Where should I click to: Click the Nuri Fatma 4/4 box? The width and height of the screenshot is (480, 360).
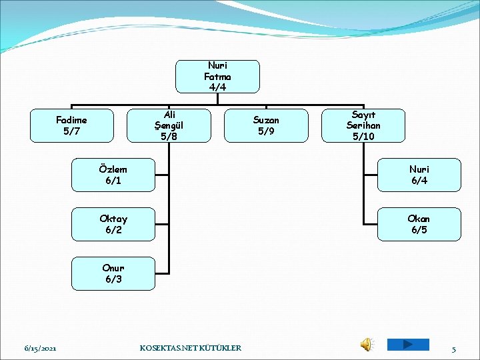click(x=217, y=76)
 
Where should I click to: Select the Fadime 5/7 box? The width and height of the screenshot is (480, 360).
click(x=71, y=125)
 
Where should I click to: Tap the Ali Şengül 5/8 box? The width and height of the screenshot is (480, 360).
click(x=169, y=125)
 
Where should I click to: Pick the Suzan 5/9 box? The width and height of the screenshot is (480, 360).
click(x=267, y=125)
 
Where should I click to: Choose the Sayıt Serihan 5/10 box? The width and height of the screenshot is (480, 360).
click(x=363, y=125)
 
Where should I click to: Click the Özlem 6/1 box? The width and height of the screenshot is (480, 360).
click(x=113, y=175)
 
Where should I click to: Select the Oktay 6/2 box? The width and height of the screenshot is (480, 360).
click(x=113, y=224)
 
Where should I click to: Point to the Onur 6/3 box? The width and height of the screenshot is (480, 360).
click(x=113, y=273)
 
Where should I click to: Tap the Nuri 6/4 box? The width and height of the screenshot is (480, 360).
click(x=419, y=175)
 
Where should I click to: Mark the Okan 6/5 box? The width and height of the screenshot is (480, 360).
click(x=419, y=224)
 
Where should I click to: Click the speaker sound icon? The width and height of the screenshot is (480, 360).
click(x=367, y=344)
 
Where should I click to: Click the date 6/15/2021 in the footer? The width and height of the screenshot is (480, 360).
click(x=40, y=348)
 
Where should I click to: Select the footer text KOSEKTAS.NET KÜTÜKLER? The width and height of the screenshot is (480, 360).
click(x=191, y=348)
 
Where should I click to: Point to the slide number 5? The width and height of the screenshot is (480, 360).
click(x=453, y=349)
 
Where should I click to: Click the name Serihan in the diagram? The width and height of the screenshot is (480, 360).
click(x=363, y=125)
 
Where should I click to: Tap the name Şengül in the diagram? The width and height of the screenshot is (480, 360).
click(x=169, y=125)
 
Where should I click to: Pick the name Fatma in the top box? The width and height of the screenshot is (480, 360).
click(x=217, y=76)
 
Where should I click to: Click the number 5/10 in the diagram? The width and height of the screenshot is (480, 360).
click(x=363, y=136)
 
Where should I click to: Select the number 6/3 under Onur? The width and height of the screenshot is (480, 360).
click(x=113, y=279)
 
